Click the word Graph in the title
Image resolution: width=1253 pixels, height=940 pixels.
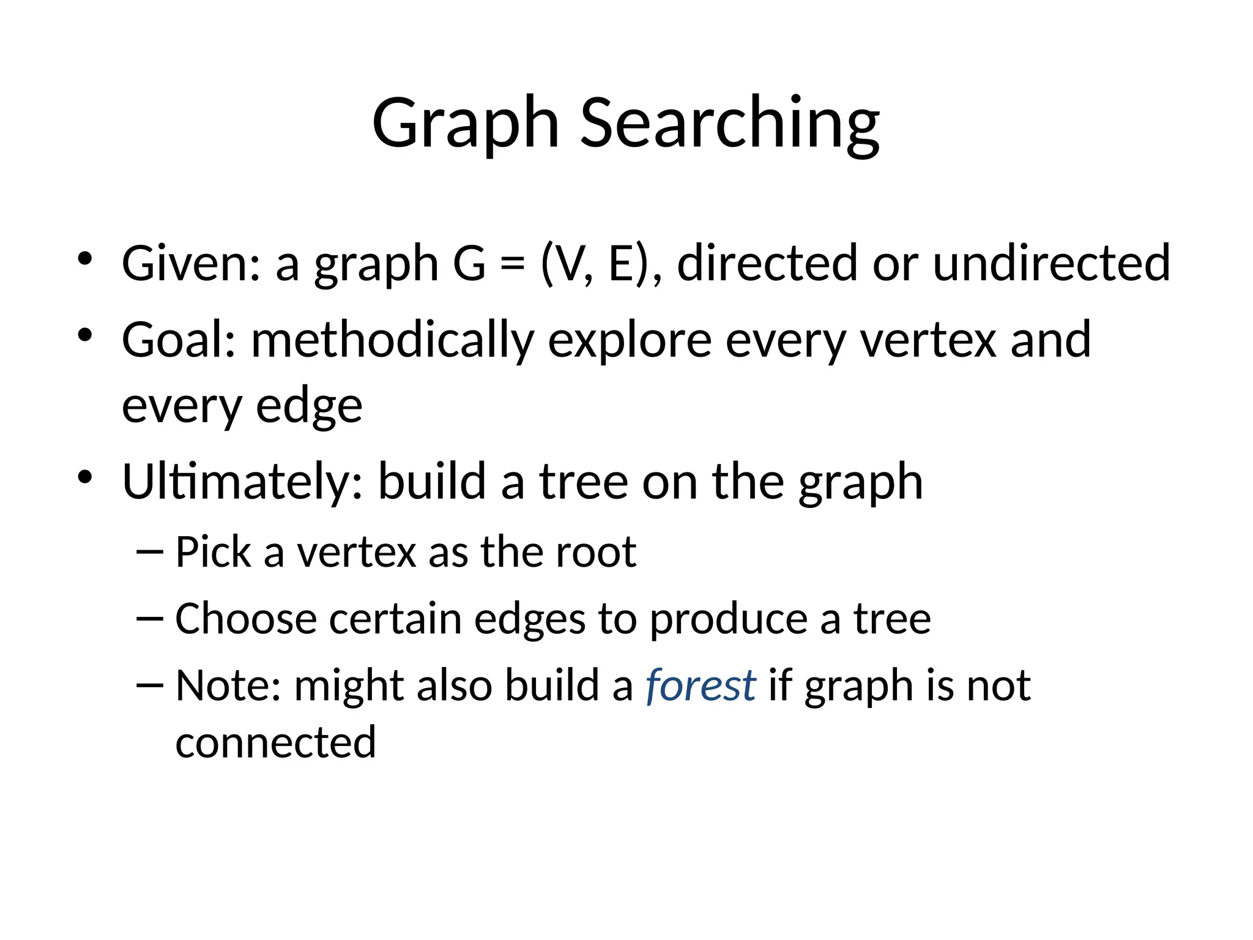coord(466,124)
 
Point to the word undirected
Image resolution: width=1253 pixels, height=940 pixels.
coord(1052,263)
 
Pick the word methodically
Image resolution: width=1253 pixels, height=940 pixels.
coord(392,341)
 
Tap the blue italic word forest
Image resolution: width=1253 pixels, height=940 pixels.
coord(701,685)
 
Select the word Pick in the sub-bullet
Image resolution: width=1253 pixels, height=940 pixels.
coord(213,552)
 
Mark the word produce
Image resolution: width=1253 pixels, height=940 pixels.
coord(728,620)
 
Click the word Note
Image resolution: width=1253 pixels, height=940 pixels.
coord(228,685)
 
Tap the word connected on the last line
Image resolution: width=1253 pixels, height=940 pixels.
coord(275,742)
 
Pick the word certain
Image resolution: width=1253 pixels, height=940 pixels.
coord(395,619)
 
